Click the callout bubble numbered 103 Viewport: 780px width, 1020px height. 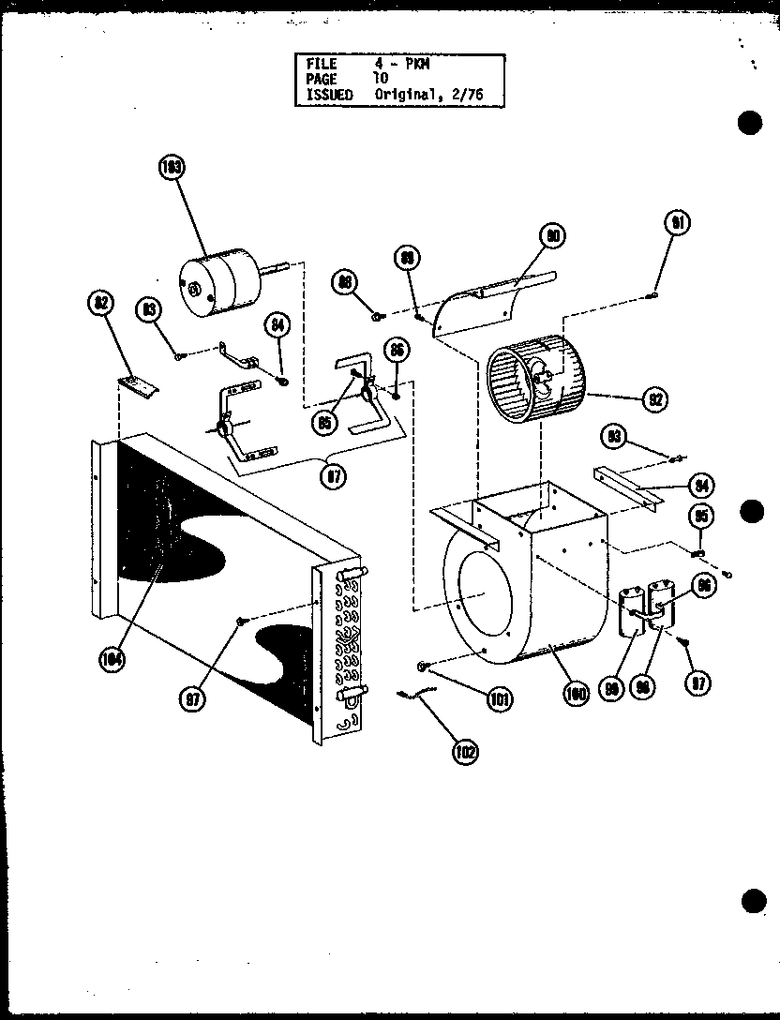point(172,169)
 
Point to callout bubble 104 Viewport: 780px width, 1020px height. point(112,659)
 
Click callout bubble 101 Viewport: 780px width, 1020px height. point(500,698)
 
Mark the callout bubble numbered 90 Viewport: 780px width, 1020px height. point(553,237)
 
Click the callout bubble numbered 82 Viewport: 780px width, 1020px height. point(100,302)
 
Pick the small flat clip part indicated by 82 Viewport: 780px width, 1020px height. point(138,384)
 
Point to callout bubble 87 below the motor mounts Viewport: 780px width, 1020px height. point(332,477)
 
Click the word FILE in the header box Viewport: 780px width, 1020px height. point(322,64)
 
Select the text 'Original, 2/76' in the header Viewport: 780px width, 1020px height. point(428,95)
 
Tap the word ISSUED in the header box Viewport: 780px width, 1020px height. point(329,95)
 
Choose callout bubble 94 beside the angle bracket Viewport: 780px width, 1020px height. point(700,485)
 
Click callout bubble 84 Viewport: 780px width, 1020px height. point(276,325)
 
